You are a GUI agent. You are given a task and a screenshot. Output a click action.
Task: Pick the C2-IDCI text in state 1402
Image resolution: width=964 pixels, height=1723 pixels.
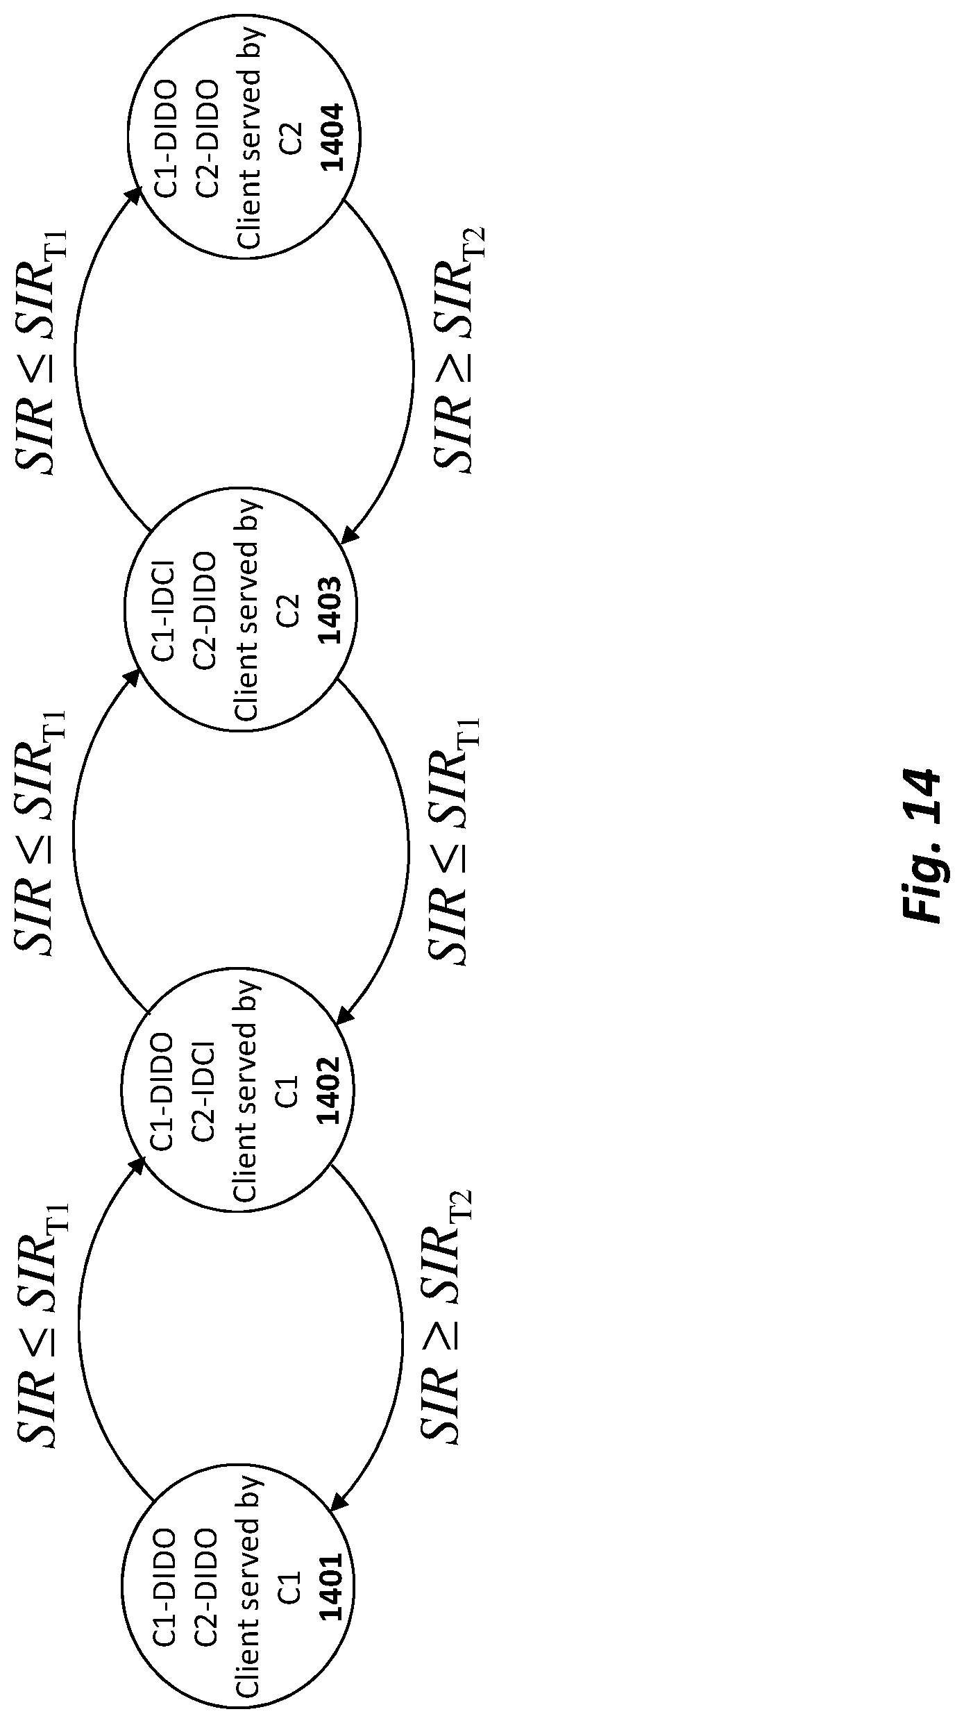click(x=205, y=1091)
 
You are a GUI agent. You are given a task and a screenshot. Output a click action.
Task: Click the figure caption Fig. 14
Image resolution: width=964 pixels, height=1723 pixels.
click(x=923, y=845)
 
